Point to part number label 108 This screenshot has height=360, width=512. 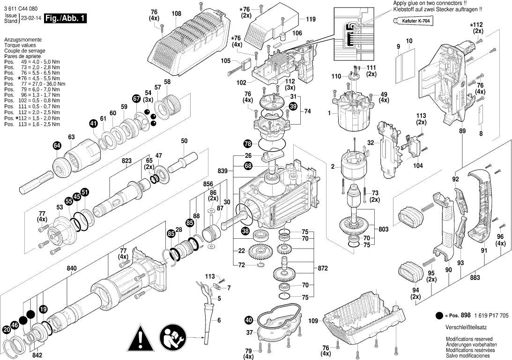coord(176,14)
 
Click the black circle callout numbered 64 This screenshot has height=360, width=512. coord(57,146)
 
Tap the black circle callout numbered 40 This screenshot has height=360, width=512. coord(248,320)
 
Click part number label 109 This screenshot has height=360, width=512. coord(313,321)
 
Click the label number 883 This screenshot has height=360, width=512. coord(475,278)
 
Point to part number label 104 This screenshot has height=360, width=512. coord(418,166)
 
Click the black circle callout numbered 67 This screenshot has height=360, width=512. coord(136,99)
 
